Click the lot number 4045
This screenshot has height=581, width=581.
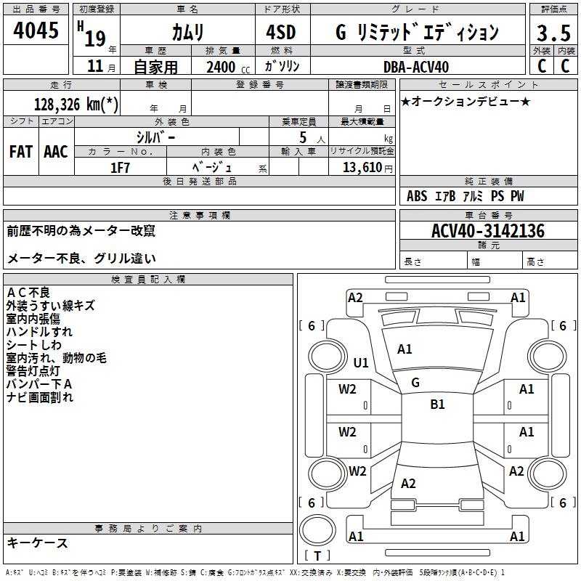36,31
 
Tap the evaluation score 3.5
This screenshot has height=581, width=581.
552,33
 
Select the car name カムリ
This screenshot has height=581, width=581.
187,33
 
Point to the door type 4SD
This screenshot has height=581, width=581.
282,33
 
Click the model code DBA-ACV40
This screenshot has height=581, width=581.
416,67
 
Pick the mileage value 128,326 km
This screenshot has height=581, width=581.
76,104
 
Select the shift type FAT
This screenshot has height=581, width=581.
20,152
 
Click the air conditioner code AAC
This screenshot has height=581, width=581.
55,152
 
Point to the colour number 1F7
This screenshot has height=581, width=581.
120,167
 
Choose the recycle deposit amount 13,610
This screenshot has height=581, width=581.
365,167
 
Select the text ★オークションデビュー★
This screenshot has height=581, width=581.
466,101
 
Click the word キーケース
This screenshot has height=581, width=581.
37,543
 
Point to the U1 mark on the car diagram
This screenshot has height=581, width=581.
360,362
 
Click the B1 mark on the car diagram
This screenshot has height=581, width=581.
437,405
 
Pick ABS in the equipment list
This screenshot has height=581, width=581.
417,196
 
